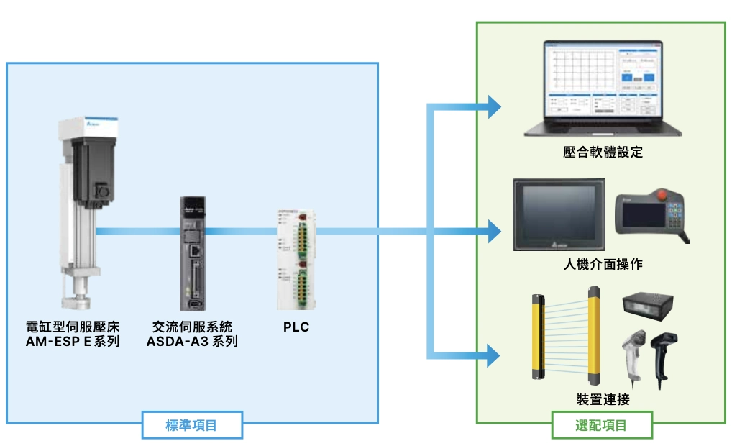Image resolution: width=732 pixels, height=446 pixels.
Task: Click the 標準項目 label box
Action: click(192, 425)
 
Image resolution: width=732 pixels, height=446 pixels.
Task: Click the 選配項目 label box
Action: click(602, 425)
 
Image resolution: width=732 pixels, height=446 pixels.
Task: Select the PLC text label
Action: click(296, 327)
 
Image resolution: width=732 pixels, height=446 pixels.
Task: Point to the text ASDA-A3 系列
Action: click(192, 342)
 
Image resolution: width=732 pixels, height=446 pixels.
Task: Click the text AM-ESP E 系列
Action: click(73, 342)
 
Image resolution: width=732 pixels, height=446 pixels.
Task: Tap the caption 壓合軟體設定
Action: click(603, 152)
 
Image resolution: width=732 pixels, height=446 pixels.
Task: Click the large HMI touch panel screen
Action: click(559, 214)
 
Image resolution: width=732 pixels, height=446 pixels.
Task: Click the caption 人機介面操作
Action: click(603, 264)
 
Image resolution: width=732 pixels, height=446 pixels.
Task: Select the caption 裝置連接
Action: click(603, 399)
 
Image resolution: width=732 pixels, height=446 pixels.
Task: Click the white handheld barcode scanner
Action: click(633, 354)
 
